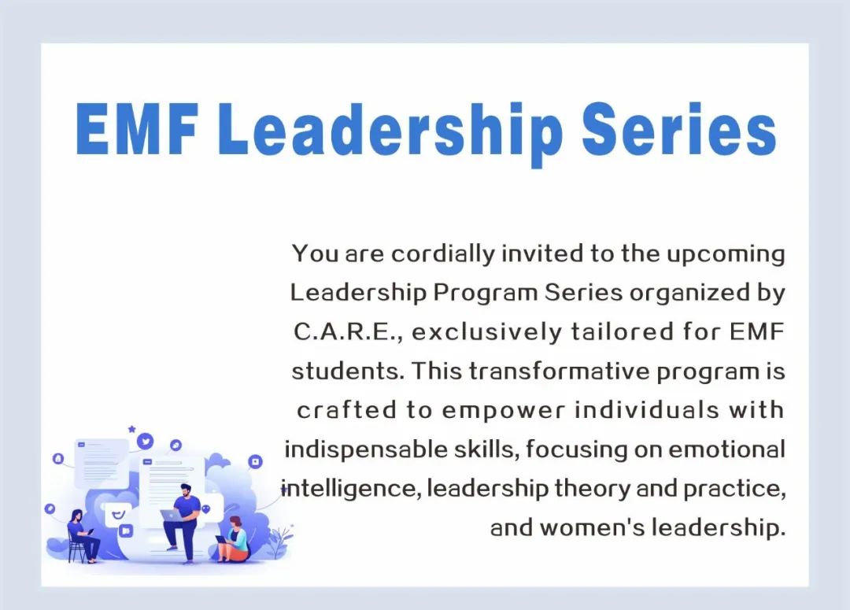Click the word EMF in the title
coord(137,129)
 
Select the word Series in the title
coord(679,129)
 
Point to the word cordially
coord(443,254)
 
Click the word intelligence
coord(351,489)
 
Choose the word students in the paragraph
coord(348,372)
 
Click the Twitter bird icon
coord(146,441)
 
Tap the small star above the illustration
coord(131,429)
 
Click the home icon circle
coord(58,459)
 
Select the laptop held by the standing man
coord(172,515)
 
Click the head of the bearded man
coord(186,490)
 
